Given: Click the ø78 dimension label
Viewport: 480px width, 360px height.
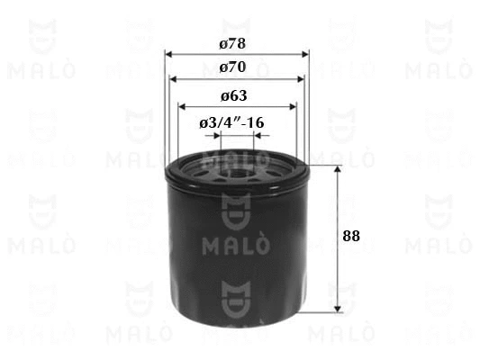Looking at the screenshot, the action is [232, 44].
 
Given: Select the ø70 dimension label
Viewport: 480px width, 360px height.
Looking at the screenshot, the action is [232, 67].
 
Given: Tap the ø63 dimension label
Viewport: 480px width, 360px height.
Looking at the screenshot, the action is [234, 96].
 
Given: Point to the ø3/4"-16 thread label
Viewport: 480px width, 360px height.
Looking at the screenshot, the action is [231, 123].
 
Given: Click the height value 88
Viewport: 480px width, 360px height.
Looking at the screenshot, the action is [351, 236].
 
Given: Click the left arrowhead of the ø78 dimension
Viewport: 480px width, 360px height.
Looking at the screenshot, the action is [168, 54].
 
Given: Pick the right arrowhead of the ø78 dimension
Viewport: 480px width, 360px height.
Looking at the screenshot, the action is [305, 54].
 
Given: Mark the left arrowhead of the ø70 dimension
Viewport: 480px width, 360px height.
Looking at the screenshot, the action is [174, 79].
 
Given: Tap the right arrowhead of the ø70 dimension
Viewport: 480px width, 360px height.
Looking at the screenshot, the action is [301, 79].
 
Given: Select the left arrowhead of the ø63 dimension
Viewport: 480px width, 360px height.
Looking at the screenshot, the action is [182, 107].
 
